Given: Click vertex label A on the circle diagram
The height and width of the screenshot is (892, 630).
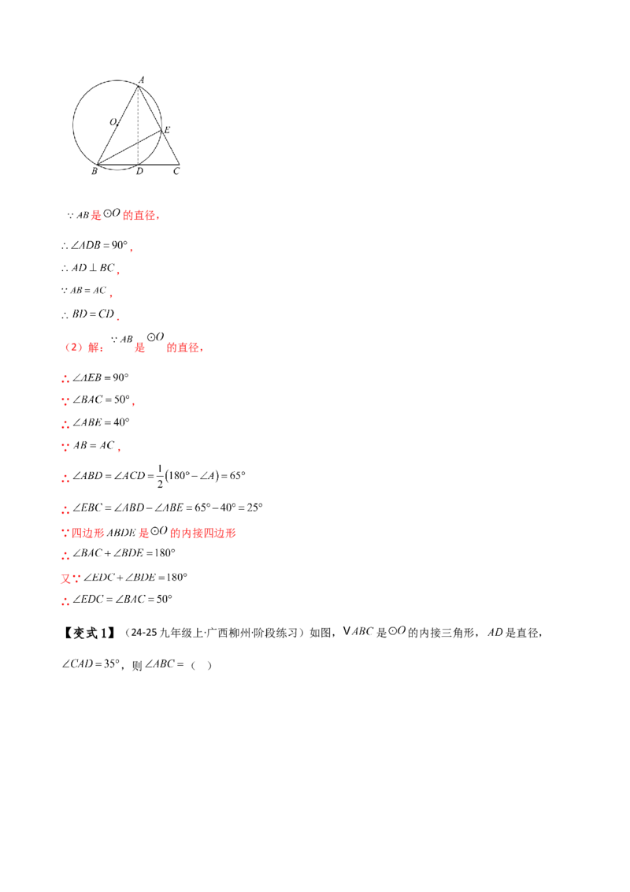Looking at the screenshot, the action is (x=142, y=80).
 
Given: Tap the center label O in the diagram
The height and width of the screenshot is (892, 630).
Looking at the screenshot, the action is (x=113, y=121).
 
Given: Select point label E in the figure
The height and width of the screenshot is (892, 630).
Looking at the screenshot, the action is (x=167, y=130).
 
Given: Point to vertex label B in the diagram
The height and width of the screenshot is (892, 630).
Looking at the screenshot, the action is (x=94, y=171).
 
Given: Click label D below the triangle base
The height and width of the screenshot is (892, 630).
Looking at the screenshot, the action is (x=140, y=171).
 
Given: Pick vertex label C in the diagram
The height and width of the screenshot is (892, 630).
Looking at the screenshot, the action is (x=176, y=171).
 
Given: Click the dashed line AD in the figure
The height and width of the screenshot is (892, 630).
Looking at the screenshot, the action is (x=138, y=126).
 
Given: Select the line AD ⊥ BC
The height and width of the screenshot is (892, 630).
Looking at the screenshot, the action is (x=93, y=268).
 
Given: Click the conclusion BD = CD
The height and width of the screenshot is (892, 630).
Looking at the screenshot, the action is (x=93, y=314).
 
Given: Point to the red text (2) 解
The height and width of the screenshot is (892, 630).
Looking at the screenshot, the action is (x=83, y=347).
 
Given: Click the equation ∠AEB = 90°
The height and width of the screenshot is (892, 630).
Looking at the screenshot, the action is (x=101, y=377).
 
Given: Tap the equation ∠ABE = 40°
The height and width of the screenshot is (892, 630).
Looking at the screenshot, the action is (x=102, y=422).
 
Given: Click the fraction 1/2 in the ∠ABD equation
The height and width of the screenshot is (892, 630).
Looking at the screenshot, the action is (x=160, y=476).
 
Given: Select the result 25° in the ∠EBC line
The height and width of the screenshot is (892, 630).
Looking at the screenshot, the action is (x=254, y=507).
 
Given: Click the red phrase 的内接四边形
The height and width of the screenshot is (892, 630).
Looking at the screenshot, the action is (x=203, y=533).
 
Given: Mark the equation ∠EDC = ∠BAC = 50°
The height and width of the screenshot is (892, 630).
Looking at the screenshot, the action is (x=122, y=599).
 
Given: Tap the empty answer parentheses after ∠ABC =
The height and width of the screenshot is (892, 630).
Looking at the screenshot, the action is (x=202, y=665).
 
